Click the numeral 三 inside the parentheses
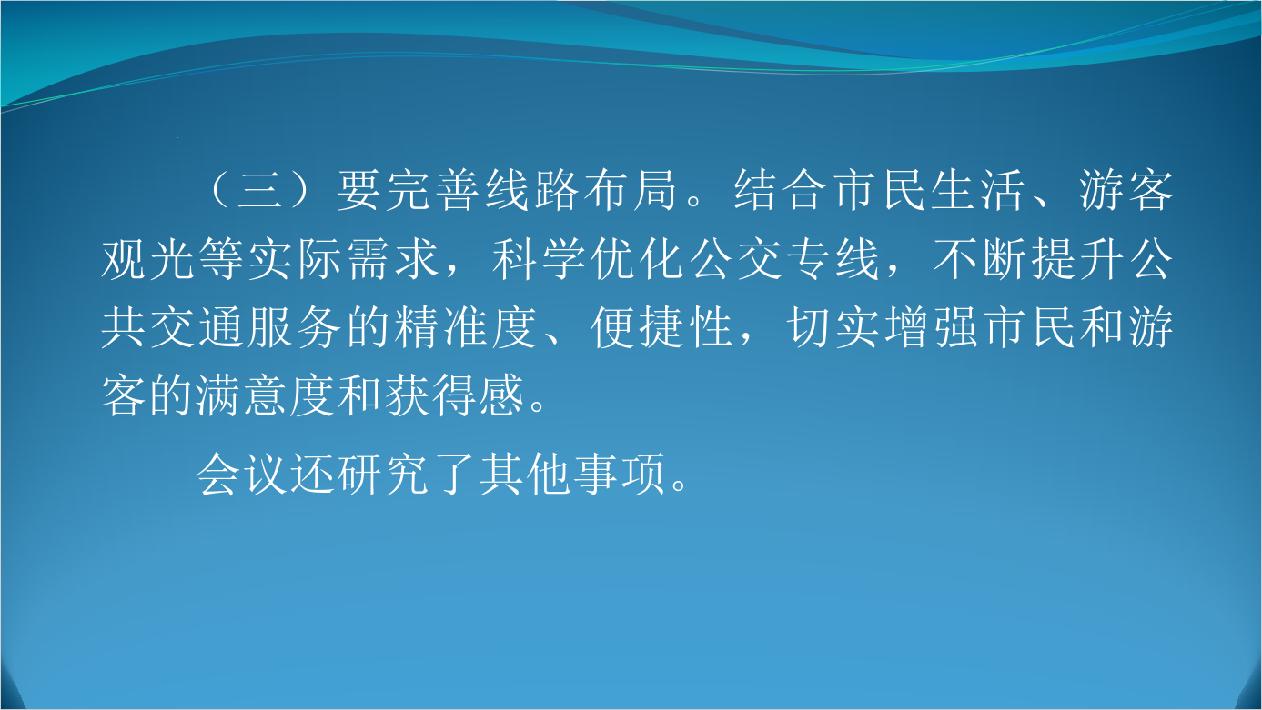[x=259, y=190]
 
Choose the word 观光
[x=148, y=260]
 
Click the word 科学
[x=539, y=260]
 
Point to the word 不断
[x=980, y=260]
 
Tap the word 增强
[x=932, y=327]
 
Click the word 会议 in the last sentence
[x=242, y=475]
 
